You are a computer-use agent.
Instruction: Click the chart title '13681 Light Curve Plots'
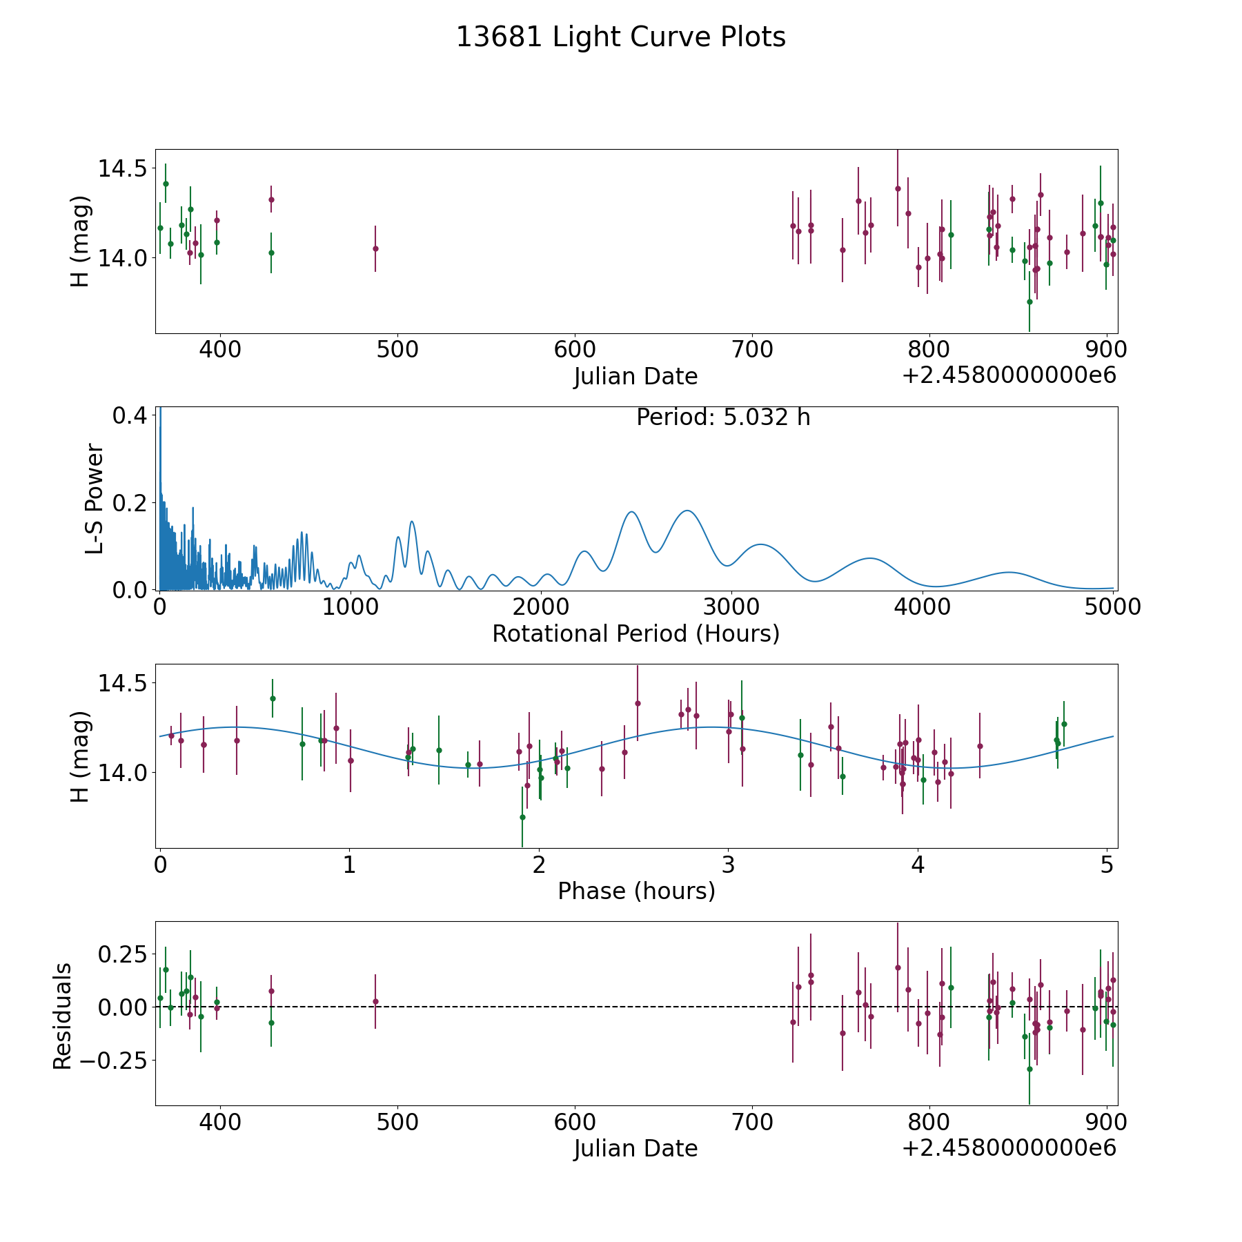tap(620, 37)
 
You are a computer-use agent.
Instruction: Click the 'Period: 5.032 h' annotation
tap(722, 417)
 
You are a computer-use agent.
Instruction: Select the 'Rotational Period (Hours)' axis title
tap(635, 633)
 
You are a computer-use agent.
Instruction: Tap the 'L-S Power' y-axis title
tap(95, 499)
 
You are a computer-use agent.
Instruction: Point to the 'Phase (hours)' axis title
tap(636, 891)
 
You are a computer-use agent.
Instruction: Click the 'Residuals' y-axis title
tap(63, 1016)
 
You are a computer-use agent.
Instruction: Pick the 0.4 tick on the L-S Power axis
tap(129, 415)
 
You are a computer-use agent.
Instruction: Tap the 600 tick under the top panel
tap(575, 350)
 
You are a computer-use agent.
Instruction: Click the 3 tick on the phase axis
tap(728, 865)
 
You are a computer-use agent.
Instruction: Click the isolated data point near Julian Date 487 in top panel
tap(375, 248)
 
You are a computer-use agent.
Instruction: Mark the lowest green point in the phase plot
tap(522, 817)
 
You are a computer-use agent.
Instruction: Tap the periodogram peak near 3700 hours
tap(870, 558)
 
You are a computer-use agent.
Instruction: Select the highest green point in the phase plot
tap(273, 698)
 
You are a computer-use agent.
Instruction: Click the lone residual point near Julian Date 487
tap(375, 1001)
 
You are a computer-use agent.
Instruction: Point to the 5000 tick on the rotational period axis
tap(1112, 607)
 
